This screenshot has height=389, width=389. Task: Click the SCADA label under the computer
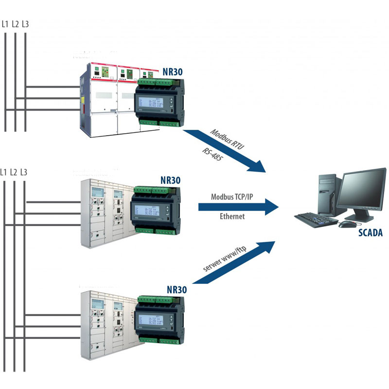[x=371, y=233]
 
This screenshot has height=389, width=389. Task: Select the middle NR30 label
[x=170, y=180]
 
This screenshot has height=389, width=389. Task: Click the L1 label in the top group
[x=5, y=23]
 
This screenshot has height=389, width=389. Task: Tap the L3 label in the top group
[x=25, y=23]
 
